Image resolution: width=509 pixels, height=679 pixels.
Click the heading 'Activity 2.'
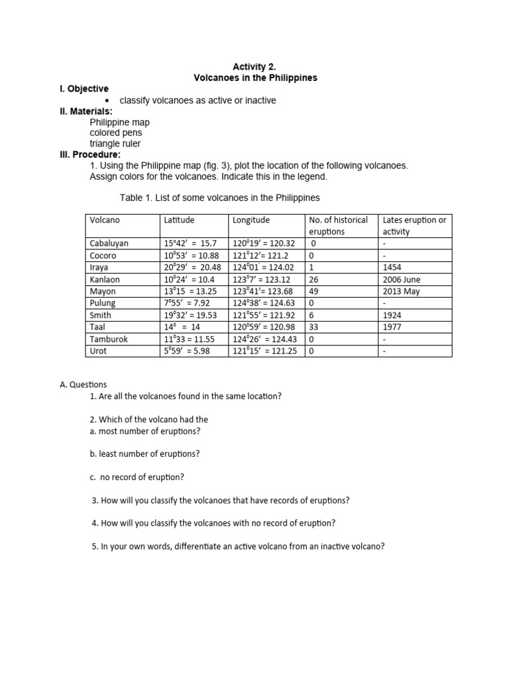pos(254,66)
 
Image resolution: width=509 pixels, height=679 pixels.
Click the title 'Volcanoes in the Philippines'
pos(255,78)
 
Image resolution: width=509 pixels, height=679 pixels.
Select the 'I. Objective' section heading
pos(84,89)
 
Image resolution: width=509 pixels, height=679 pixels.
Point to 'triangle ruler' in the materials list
pos(115,143)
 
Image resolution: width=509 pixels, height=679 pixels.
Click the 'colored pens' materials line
pos(116,133)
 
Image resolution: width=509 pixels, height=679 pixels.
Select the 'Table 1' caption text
pos(219,198)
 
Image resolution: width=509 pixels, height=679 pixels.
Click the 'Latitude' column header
pos(179,219)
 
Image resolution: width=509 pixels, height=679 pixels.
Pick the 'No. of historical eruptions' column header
pos(337,225)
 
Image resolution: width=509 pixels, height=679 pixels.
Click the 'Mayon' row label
pos(103,291)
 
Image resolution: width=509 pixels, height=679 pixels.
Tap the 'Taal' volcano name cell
pos(98,327)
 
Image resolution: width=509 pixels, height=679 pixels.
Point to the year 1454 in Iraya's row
pos(392,267)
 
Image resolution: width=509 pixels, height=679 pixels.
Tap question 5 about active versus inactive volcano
pos(238,546)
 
